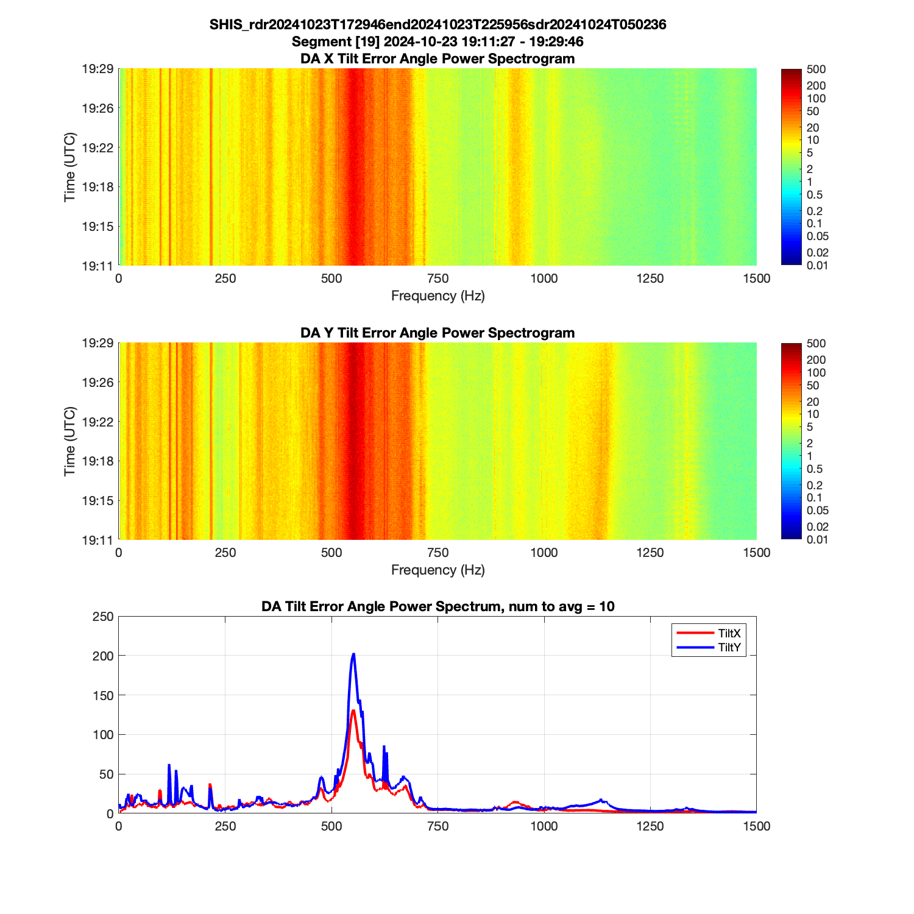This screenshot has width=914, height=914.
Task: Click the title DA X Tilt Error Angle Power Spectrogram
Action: tap(438, 58)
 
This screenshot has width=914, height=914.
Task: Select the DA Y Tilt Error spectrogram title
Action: tap(438, 333)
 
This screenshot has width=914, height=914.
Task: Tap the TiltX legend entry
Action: tap(729, 634)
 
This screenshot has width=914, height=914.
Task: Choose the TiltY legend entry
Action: tap(729, 648)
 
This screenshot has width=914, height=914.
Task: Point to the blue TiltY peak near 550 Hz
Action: tap(353, 654)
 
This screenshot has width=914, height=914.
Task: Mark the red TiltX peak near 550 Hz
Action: tap(353, 710)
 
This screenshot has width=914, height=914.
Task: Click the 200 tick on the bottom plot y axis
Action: tap(105, 656)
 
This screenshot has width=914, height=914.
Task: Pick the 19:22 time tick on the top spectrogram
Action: tap(97, 147)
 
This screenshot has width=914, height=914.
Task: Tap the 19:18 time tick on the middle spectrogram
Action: tap(97, 461)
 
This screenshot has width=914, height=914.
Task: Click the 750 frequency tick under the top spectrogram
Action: tap(438, 278)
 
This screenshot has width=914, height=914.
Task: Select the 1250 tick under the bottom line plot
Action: tap(650, 826)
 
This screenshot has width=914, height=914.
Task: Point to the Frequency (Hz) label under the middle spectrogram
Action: tap(438, 570)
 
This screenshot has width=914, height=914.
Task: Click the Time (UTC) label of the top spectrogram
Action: tap(70, 167)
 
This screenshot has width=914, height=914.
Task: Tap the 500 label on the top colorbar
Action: tap(816, 69)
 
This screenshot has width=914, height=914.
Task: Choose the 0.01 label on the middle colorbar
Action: tap(817, 539)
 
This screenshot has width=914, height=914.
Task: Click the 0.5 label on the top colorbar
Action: tap(814, 195)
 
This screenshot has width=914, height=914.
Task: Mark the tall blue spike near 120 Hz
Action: tap(169, 765)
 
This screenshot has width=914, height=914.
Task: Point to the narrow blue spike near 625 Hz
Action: tap(384, 746)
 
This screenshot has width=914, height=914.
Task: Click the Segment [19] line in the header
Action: tap(438, 41)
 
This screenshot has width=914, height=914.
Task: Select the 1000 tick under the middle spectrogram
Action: tap(544, 553)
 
